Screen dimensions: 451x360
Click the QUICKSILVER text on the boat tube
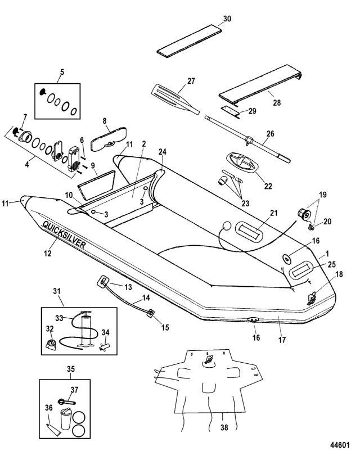tap(64, 236)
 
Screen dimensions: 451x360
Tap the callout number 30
tap(227, 19)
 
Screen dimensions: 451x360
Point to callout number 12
tap(47, 253)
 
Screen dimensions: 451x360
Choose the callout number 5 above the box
tap(62, 73)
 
